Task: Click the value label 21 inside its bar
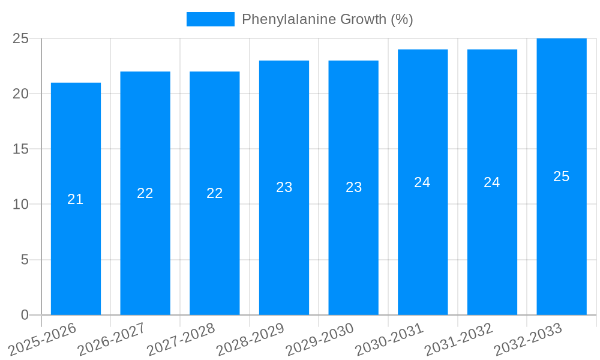pos(76,199)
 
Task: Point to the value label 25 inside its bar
pos(562,176)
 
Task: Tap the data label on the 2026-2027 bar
pos(145,193)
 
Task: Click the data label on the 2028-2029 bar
pos(284,187)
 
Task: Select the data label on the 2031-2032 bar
pos(492,182)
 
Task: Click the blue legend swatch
pos(210,19)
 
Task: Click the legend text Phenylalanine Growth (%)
pos(327,19)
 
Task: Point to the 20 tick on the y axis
pos(21,94)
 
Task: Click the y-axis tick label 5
pos(25,260)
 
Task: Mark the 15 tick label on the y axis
pos(21,149)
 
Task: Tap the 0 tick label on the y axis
pos(25,315)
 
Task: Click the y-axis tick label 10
pos(21,205)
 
